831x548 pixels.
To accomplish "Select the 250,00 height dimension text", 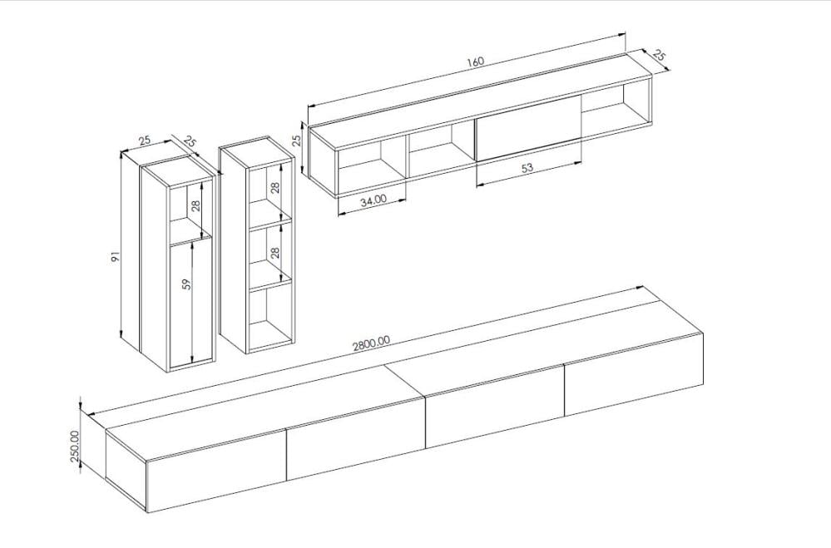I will [75, 446].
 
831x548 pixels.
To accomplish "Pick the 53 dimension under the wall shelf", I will [527, 167].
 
